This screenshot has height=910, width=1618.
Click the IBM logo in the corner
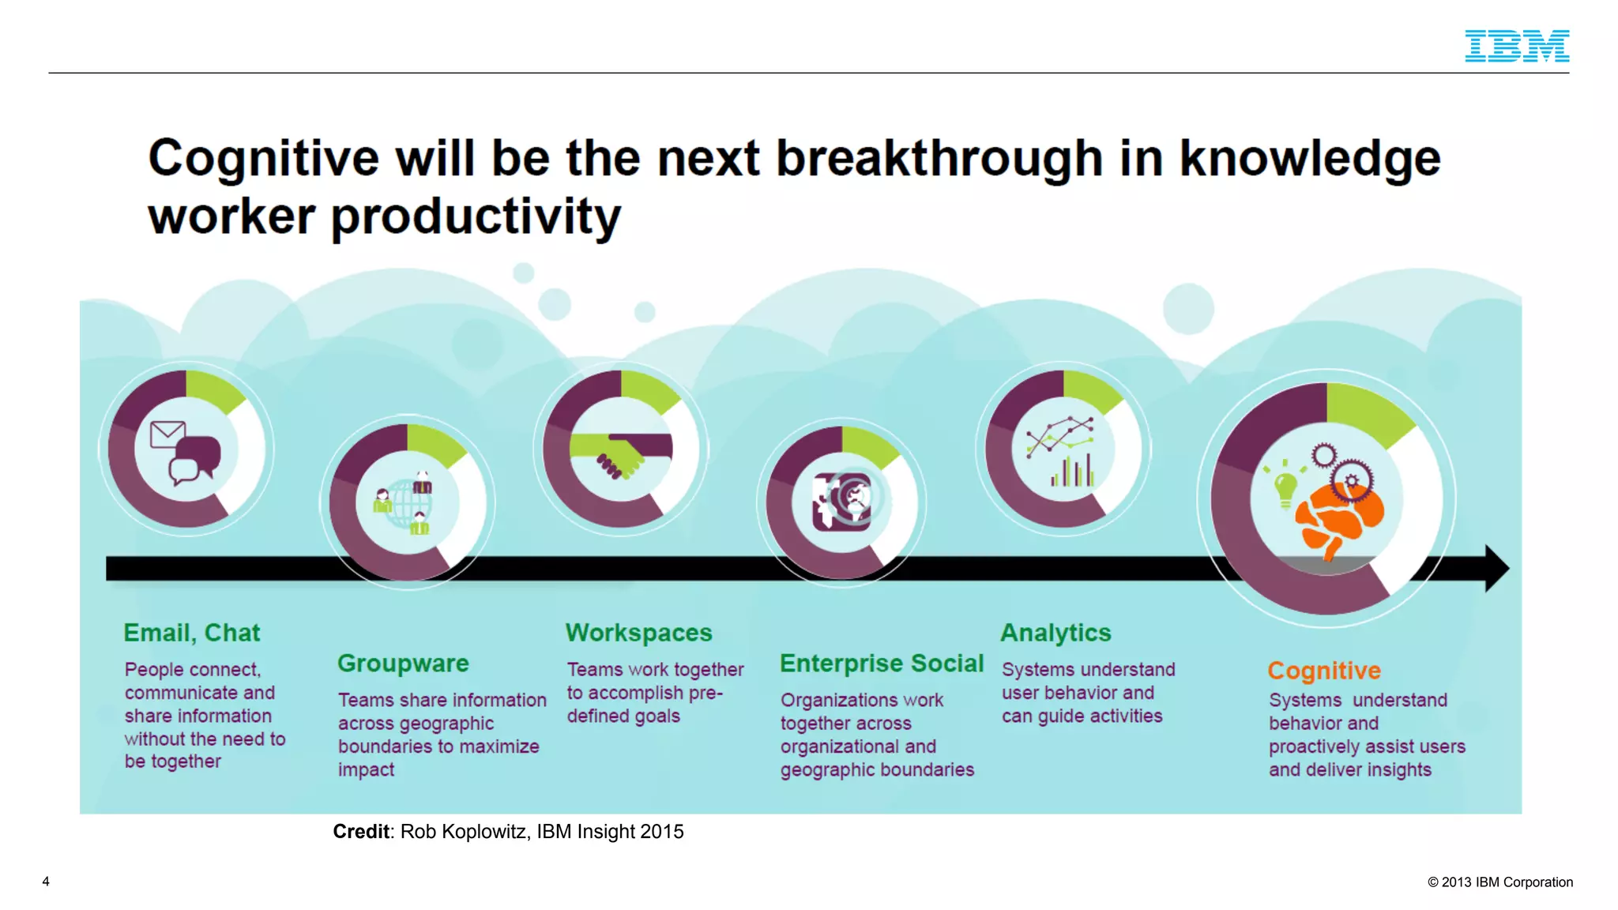pos(1516,46)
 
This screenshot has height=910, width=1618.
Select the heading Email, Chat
pos(191,633)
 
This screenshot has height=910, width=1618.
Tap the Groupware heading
pos(403,664)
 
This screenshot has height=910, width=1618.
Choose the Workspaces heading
pos(638,633)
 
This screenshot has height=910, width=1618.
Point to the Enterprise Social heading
pos(881,664)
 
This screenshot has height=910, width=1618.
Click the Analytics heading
pos(1055,633)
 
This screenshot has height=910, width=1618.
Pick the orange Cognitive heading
pos(1324,671)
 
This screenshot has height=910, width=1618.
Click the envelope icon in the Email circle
pos(167,434)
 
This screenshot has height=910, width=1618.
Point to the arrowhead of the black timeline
pos(1496,568)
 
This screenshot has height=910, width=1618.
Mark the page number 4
pos(46,882)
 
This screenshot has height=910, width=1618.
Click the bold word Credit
pos(361,832)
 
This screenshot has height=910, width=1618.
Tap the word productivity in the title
pos(475,217)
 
